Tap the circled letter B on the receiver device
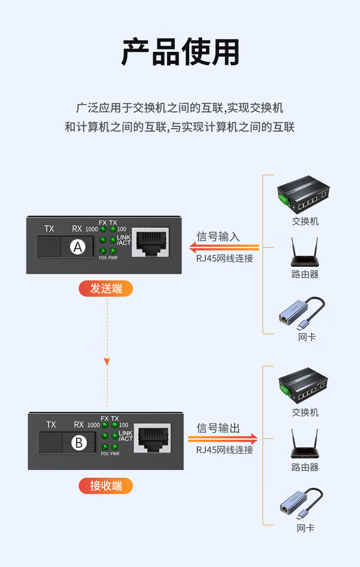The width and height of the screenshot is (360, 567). click(79, 442)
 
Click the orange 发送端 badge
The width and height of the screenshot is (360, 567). click(106, 289)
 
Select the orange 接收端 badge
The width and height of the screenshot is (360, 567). click(106, 486)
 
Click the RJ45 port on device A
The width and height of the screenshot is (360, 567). click(150, 242)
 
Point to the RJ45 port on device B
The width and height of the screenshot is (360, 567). click(152, 437)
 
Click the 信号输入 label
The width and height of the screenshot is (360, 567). click(218, 236)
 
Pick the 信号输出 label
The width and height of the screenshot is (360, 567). click(218, 428)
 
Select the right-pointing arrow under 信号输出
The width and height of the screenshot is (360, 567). click(223, 439)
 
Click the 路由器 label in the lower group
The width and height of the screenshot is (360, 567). click(305, 467)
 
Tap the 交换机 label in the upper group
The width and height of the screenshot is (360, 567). click(305, 221)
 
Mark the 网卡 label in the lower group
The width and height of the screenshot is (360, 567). click(305, 528)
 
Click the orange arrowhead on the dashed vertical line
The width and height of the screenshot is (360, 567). click(107, 362)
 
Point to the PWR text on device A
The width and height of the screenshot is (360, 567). click(113, 258)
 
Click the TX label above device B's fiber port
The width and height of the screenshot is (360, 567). click(51, 424)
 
